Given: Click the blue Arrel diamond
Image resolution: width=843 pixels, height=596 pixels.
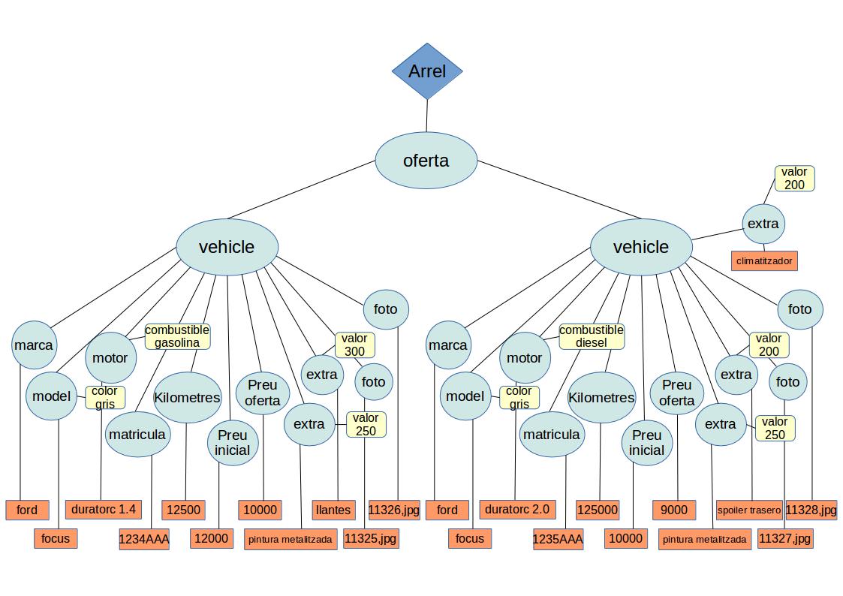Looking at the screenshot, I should [x=427, y=71].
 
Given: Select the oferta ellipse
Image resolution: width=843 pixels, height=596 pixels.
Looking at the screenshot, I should [x=426, y=160].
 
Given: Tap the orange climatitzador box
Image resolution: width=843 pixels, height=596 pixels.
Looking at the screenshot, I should [x=763, y=261].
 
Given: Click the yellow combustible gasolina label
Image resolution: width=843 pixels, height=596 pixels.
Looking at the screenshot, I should [x=177, y=336].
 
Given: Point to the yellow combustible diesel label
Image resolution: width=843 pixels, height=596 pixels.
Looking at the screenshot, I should [x=592, y=336].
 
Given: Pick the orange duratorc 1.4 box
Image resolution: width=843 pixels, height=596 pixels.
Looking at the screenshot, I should [x=103, y=510].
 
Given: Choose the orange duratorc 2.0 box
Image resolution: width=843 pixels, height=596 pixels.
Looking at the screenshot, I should [x=517, y=510].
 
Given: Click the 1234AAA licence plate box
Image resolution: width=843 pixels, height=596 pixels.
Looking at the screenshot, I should [x=144, y=539].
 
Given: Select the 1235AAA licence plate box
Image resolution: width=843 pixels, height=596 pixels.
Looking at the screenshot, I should [x=558, y=539].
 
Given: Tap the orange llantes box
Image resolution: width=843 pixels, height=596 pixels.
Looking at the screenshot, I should [x=333, y=510].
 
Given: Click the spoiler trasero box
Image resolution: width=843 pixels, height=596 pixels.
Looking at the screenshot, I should [x=749, y=510].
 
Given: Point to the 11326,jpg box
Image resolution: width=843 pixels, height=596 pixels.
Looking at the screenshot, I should [x=394, y=510].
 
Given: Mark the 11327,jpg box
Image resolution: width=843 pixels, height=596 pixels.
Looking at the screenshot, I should [x=784, y=539].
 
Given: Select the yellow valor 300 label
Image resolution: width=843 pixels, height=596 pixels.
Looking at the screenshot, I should [x=354, y=345].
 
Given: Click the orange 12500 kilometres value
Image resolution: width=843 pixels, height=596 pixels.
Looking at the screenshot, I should [x=184, y=510].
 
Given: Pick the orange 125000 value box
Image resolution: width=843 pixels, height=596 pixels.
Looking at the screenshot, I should [x=598, y=510].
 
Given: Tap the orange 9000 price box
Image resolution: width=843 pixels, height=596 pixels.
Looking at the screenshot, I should [x=674, y=510].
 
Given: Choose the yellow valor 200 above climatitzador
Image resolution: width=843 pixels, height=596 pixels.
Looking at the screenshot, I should [x=793, y=179].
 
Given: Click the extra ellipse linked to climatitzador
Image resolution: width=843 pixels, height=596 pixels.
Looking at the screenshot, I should [x=763, y=223].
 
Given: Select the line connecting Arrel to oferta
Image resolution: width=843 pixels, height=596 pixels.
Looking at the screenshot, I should [x=427, y=116].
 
